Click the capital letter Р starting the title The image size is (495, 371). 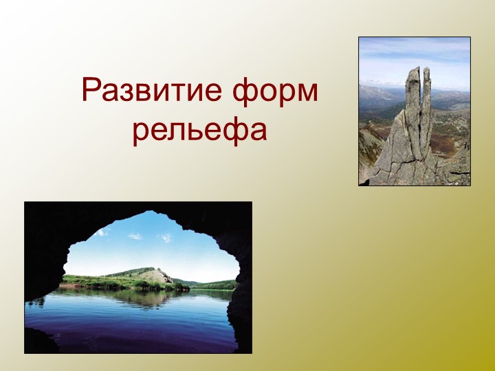tap(91, 91)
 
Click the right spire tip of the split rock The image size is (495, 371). tap(426, 69)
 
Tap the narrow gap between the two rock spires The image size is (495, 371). tap(420, 96)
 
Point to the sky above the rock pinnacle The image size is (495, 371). tap(412, 52)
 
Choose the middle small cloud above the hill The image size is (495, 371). tap(135, 236)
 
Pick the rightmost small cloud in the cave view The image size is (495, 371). tap(165, 238)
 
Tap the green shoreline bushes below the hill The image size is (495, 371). tap(124, 283)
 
